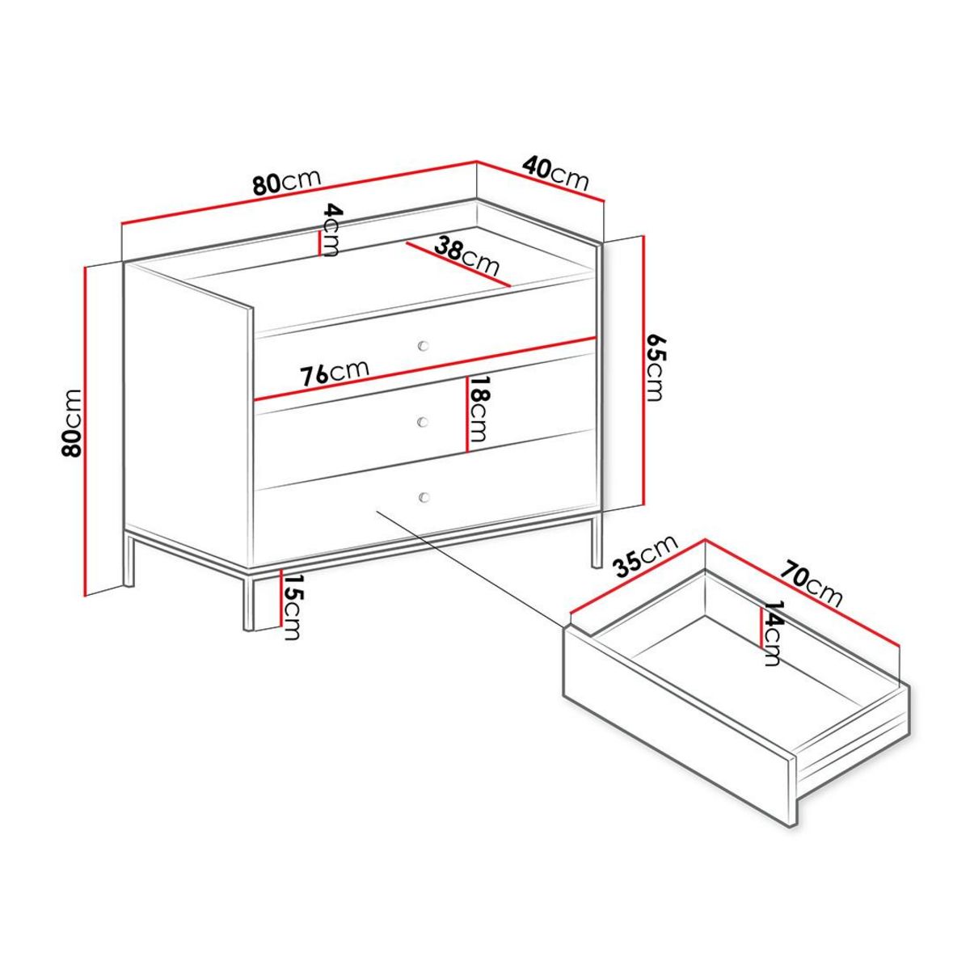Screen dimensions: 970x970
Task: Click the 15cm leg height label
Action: tap(292, 606)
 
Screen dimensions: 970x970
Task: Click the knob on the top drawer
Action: tap(422, 346)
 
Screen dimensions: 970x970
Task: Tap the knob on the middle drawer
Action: tap(422, 420)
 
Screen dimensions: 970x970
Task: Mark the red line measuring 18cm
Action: tap(466, 414)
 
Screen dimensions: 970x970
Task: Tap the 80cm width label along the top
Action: tap(286, 183)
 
